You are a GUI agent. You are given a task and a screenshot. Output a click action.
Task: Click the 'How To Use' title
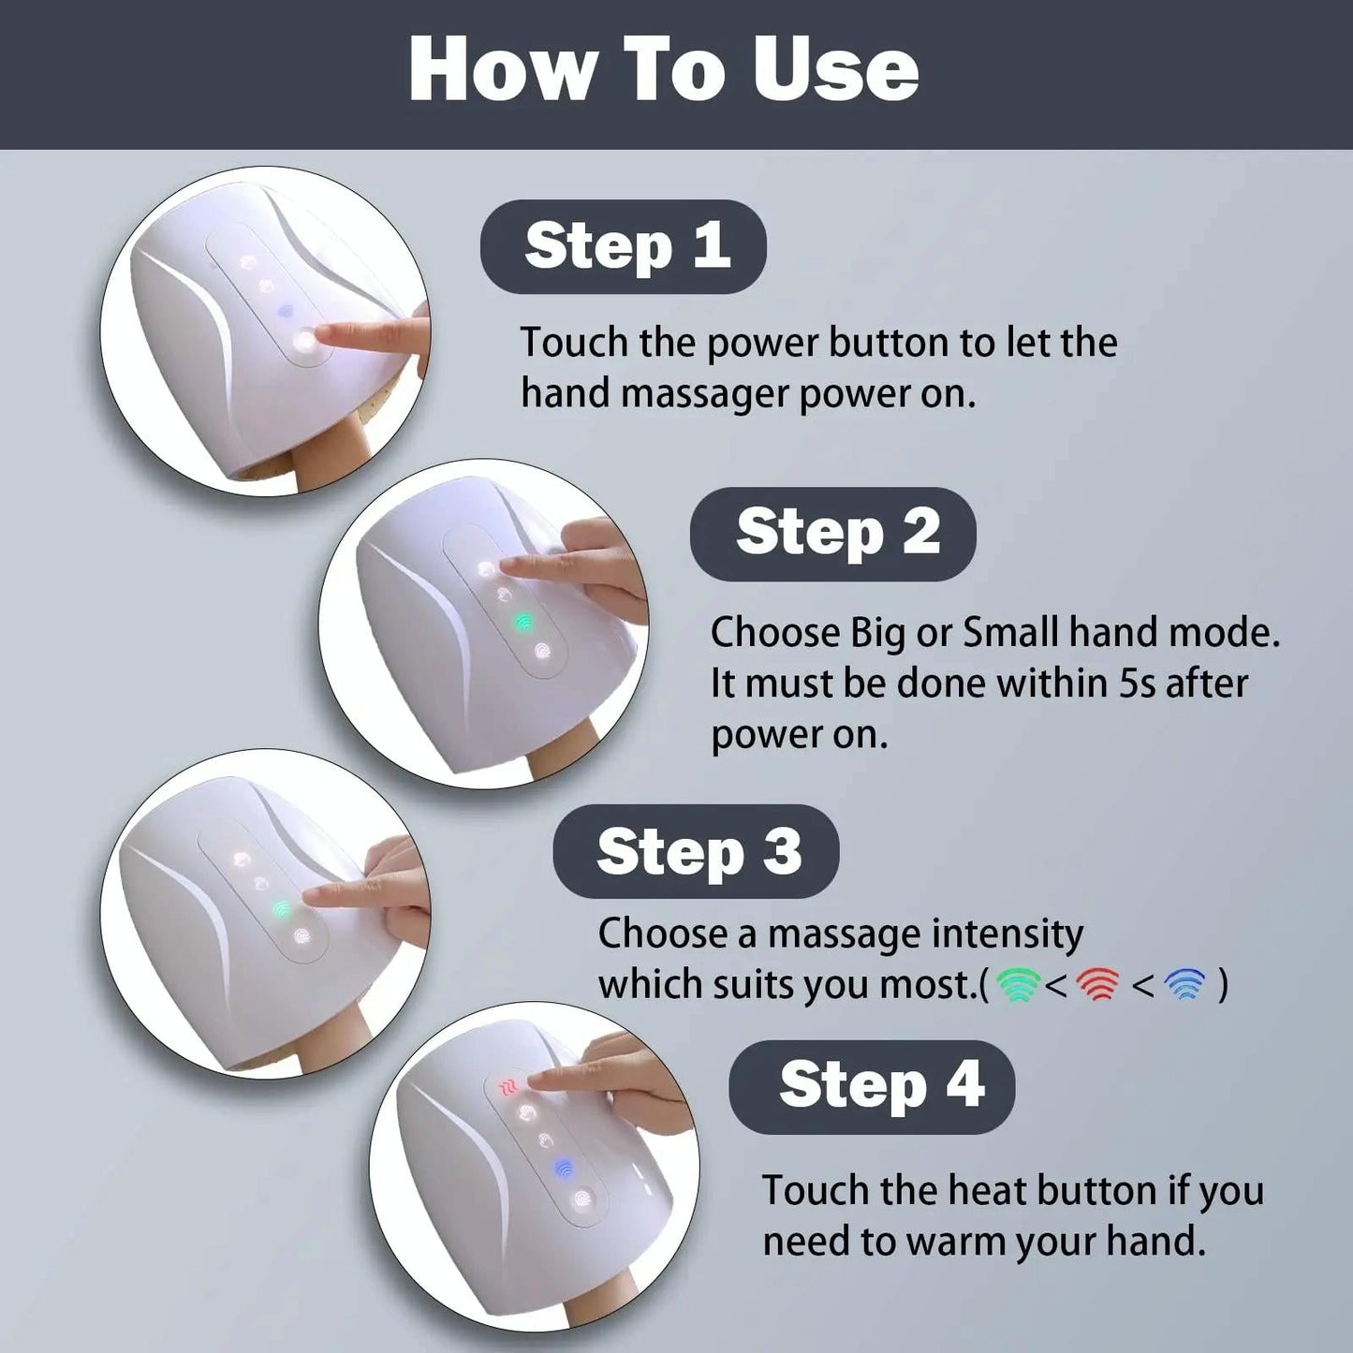(664, 71)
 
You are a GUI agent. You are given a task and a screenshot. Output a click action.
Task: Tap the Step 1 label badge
(624, 246)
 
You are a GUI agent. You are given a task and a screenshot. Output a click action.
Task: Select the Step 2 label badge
(833, 534)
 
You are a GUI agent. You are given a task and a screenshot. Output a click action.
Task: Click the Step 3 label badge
(696, 852)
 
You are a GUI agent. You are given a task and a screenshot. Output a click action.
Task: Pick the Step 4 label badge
(872, 1086)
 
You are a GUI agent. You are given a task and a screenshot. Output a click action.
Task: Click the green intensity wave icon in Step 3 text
(1018, 984)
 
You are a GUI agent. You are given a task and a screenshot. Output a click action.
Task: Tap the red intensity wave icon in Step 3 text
(1097, 984)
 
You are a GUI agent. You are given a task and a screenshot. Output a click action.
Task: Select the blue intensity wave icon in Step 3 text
(1185, 984)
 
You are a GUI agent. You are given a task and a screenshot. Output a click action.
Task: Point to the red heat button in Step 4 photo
(507, 1087)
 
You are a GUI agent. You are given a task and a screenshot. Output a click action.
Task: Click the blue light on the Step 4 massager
(563, 1168)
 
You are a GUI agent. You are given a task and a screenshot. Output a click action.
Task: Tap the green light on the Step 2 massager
(522, 621)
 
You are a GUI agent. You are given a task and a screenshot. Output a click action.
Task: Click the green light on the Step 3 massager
(280, 908)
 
